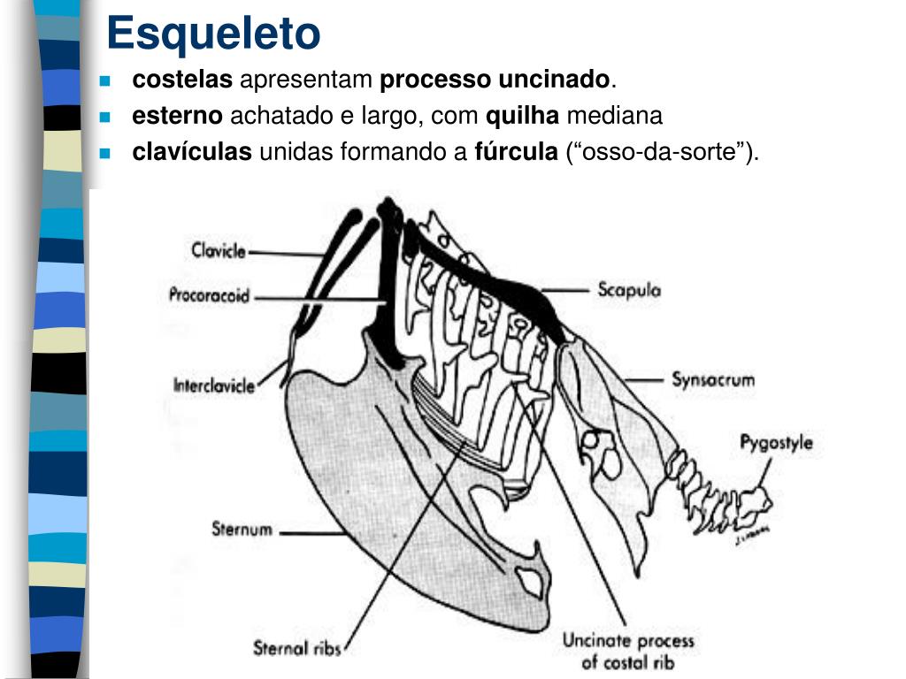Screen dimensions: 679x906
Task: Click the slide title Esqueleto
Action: click(x=213, y=34)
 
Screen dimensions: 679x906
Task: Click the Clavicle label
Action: click(x=219, y=250)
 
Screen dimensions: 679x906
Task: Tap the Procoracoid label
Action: click(x=209, y=295)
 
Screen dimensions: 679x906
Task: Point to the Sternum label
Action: click(x=241, y=531)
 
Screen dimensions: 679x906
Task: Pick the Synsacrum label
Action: click(x=713, y=380)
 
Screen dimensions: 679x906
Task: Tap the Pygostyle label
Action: click(x=776, y=443)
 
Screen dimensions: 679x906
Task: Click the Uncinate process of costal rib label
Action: click(x=628, y=652)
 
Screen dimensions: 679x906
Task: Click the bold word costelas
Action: click(x=182, y=80)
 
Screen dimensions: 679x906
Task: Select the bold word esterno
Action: click(x=178, y=116)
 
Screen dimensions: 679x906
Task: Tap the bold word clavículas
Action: click(x=193, y=152)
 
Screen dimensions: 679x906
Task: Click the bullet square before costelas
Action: click(x=104, y=80)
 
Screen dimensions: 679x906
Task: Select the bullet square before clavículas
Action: click(x=104, y=153)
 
